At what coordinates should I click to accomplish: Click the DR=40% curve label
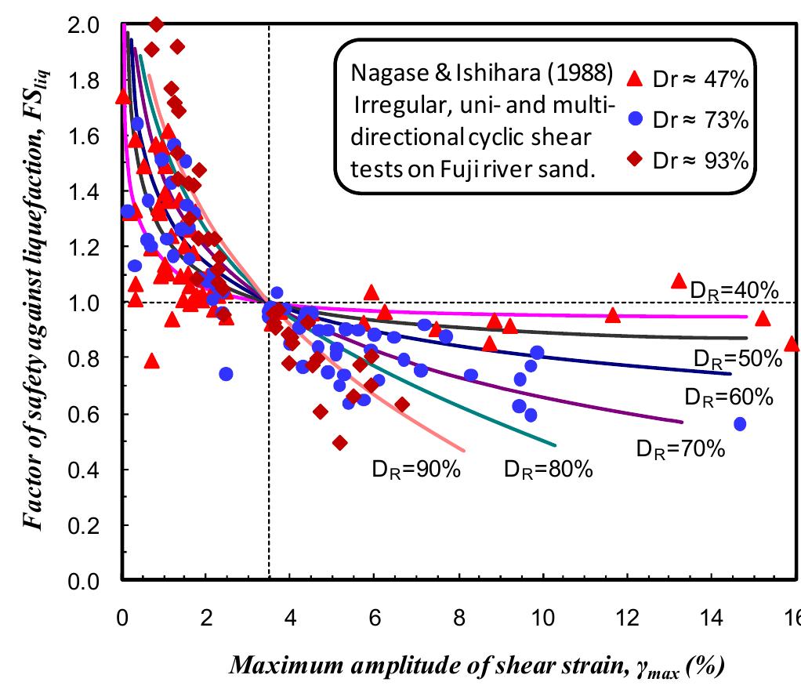click(734, 291)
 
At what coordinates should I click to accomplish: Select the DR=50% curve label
click(738, 359)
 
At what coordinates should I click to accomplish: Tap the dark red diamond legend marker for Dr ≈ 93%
click(636, 160)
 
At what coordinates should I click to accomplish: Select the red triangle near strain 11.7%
click(613, 315)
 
